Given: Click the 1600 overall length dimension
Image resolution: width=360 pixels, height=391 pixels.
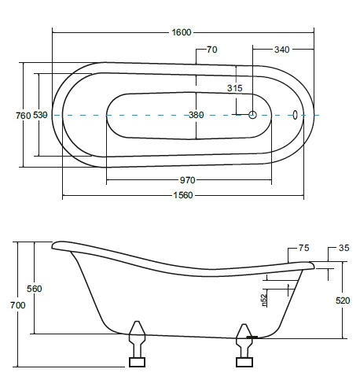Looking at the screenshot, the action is point(182,32).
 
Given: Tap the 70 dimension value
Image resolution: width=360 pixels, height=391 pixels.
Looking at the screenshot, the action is point(212,50).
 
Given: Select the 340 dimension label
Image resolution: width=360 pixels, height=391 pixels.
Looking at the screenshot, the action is point(281,50).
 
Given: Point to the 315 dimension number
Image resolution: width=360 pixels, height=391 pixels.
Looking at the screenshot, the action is point(235,88).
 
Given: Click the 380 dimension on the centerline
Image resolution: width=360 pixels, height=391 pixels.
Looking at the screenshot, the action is point(197,115).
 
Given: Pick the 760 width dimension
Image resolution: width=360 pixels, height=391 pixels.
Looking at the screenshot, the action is point(23,116).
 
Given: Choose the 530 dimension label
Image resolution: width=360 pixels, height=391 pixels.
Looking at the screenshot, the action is point(40,115).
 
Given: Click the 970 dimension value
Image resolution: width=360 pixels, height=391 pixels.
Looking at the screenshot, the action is point(188,180).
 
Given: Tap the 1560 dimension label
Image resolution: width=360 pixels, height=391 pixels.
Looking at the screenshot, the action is point(183,195).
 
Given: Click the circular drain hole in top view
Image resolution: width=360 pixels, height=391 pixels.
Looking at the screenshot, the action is point(252,115).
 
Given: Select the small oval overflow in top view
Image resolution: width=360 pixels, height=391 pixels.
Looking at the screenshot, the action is point(295,115).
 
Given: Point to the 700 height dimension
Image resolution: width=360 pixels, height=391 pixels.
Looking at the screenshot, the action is point(18,305).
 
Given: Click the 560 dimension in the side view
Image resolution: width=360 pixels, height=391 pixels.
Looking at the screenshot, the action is point(35,289).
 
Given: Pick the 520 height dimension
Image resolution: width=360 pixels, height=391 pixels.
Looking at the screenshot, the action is point(343,301).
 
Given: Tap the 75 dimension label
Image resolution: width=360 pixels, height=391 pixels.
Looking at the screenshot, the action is point(304,248).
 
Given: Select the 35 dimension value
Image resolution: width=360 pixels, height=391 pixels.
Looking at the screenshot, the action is point(344,248).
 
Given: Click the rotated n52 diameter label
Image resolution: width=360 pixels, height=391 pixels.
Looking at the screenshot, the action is point(264,301).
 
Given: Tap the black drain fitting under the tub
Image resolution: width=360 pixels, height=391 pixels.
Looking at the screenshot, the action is point(252,338).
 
